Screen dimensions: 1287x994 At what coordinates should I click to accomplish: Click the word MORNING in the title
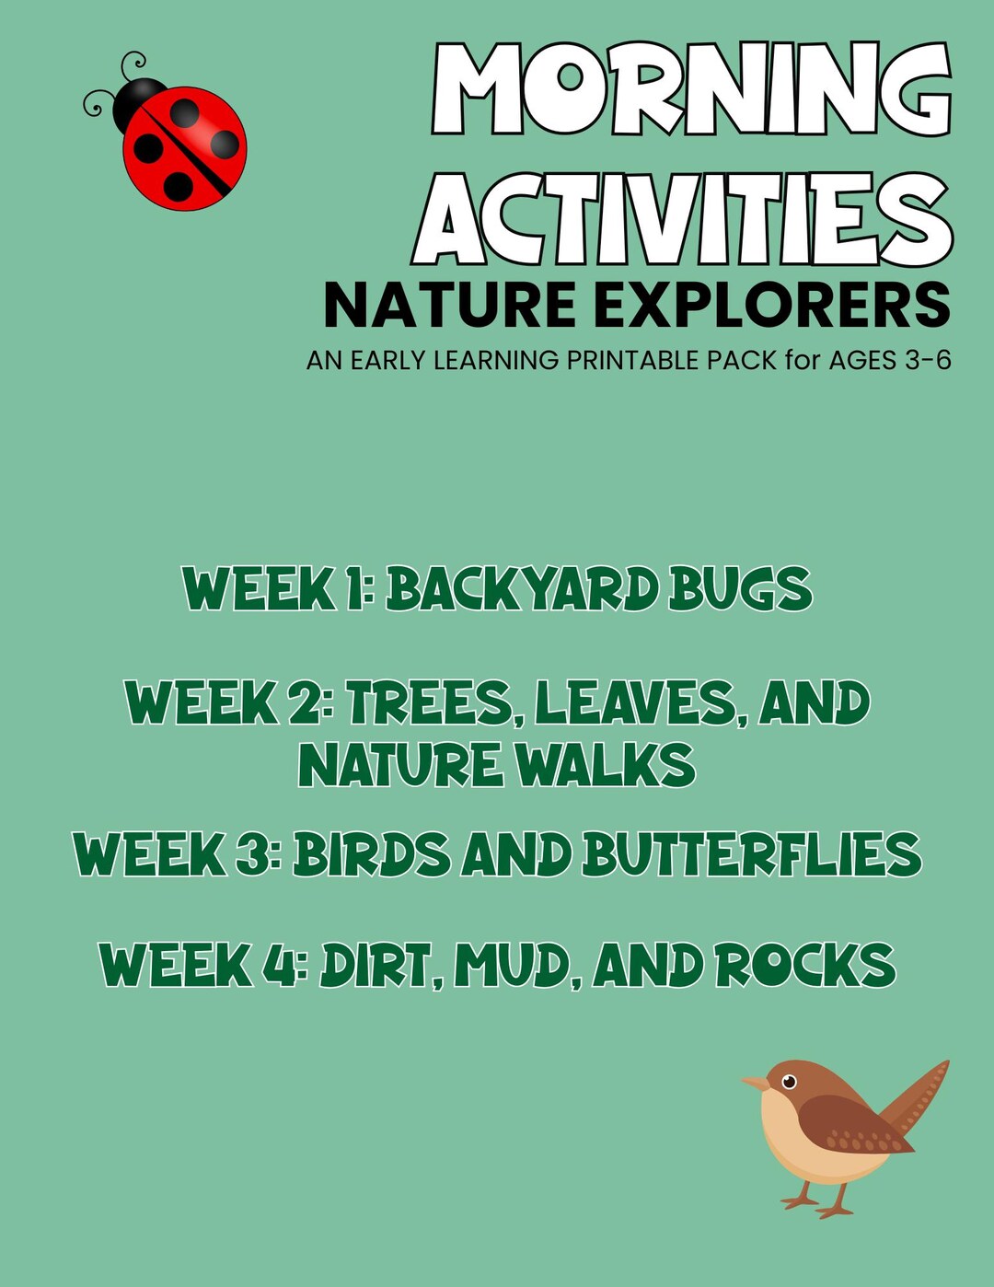click(690, 90)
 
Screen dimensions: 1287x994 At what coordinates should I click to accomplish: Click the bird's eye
click(789, 1080)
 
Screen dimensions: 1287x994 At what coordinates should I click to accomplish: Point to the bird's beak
click(755, 1084)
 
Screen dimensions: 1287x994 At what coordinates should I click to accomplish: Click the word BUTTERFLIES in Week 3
click(751, 854)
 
